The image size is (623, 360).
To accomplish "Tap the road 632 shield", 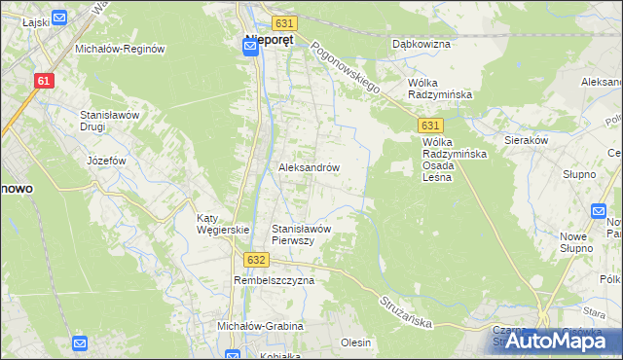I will tap(255, 260).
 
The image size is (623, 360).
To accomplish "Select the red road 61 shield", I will tap(43, 82).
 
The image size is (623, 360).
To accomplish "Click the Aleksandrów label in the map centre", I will tap(310, 167).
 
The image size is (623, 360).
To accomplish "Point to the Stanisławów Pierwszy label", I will tap(303, 234).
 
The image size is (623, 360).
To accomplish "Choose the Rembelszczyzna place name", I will tap(275, 280).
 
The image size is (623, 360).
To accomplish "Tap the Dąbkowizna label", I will tap(421, 44).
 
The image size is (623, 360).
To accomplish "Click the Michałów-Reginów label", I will tap(118, 48).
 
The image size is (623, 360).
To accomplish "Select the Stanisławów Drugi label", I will tap(111, 121).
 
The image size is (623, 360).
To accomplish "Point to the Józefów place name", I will tap(107, 160).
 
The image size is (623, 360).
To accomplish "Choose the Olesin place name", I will tap(356, 342).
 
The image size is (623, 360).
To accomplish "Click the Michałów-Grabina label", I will tap(261, 326).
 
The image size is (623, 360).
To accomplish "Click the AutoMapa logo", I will tap(559, 341).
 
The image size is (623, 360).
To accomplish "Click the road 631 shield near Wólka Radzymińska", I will tap(432, 126).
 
